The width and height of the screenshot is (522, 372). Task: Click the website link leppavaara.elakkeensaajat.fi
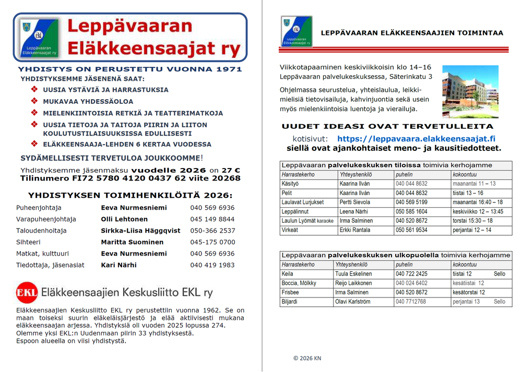point(416,139)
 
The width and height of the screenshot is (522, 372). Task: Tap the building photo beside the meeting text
point(470,91)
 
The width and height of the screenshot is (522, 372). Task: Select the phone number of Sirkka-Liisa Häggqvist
point(212,231)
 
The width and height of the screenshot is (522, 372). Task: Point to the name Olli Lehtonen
point(124,219)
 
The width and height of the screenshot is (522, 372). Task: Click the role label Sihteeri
point(28,242)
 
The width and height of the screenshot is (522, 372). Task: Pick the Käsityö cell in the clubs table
point(290,184)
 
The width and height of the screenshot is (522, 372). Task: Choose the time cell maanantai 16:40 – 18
point(478,202)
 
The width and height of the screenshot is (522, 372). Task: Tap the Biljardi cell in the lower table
point(290,302)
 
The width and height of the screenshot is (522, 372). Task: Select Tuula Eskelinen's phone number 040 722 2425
point(411,274)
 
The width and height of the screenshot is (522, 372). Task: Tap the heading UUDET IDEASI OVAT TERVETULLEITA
point(387,126)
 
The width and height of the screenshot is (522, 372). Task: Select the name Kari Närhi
point(118,265)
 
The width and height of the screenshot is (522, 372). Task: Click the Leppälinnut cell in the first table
point(295,212)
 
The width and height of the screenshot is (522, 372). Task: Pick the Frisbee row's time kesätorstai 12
point(469,293)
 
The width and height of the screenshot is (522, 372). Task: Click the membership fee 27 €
point(230,171)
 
